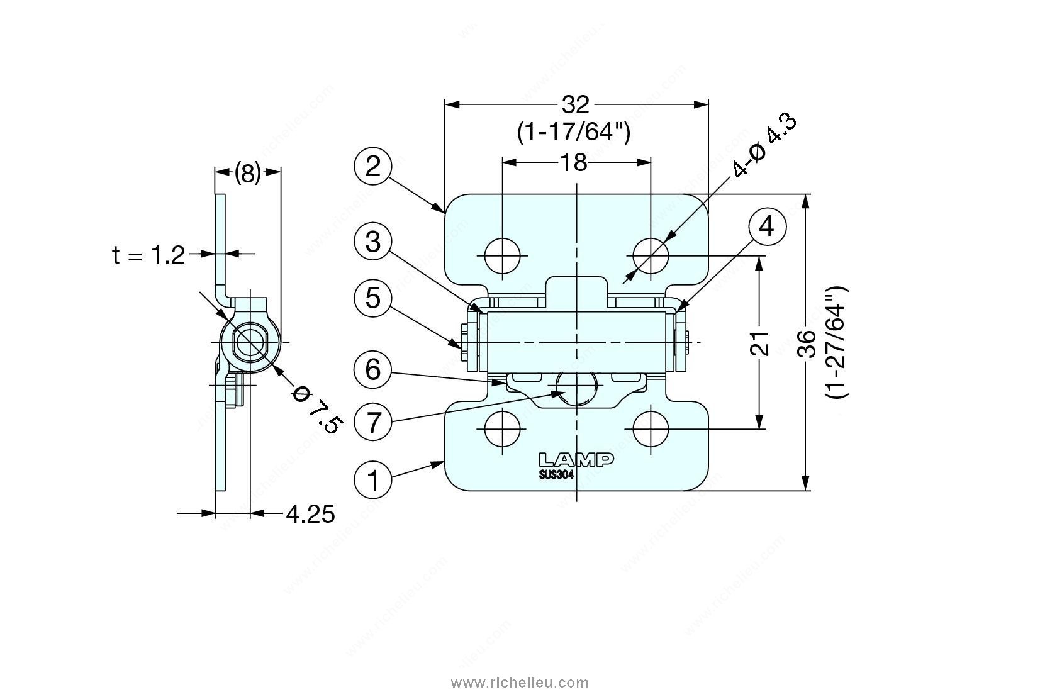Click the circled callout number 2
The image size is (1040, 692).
pyautogui.click(x=373, y=167)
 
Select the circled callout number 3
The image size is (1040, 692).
pyautogui.click(x=373, y=242)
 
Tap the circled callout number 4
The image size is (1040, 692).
pyautogui.click(x=768, y=228)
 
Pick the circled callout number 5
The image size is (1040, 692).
pyautogui.click(x=373, y=298)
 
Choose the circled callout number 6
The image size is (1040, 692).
pyautogui.click(x=373, y=370)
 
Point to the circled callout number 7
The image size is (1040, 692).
pyautogui.click(x=373, y=422)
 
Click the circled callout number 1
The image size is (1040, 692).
pyautogui.click(x=373, y=480)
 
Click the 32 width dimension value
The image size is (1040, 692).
pyautogui.click(x=576, y=105)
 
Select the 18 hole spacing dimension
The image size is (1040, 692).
pyautogui.click(x=574, y=163)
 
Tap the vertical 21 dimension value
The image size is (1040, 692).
pyautogui.click(x=759, y=343)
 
